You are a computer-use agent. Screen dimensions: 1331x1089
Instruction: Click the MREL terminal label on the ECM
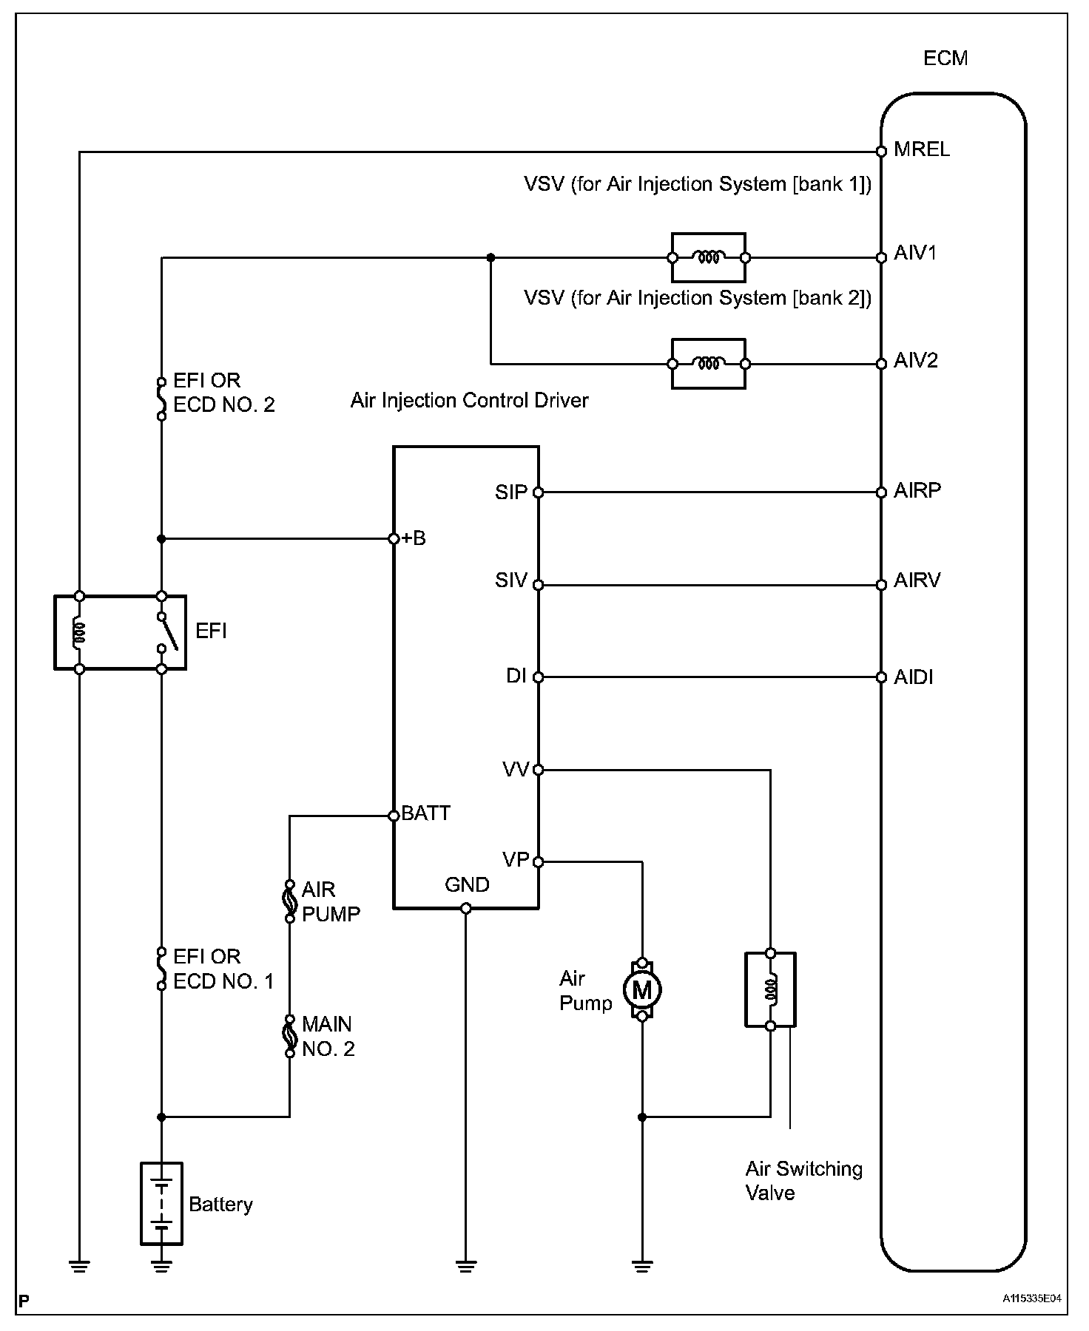(921, 149)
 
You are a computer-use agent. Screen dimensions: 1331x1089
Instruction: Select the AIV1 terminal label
(915, 253)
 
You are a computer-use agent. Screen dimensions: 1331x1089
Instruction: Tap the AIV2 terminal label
(916, 360)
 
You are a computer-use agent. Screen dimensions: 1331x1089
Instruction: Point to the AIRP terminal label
(917, 490)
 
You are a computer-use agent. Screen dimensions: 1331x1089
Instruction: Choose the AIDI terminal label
(913, 677)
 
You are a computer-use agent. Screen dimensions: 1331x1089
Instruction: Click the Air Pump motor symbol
(642, 989)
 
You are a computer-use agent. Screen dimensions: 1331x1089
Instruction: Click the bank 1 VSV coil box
(708, 258)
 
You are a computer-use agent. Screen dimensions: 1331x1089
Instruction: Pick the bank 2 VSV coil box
(708, 364)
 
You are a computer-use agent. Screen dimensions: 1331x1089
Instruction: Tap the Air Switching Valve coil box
(770, 989)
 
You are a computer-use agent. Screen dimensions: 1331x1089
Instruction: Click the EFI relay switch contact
(167, 632)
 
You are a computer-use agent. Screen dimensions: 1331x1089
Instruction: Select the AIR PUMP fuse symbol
(290, 901)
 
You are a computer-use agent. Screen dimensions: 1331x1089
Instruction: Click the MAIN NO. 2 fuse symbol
(290, 1036)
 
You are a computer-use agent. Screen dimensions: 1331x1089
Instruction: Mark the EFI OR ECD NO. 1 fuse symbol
(161, 969)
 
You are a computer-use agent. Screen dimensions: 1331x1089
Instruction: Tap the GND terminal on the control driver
(466, 908)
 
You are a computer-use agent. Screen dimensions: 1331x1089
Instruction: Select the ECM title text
(945, 58)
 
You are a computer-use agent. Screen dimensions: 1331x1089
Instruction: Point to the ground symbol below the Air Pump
(642, 1266)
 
